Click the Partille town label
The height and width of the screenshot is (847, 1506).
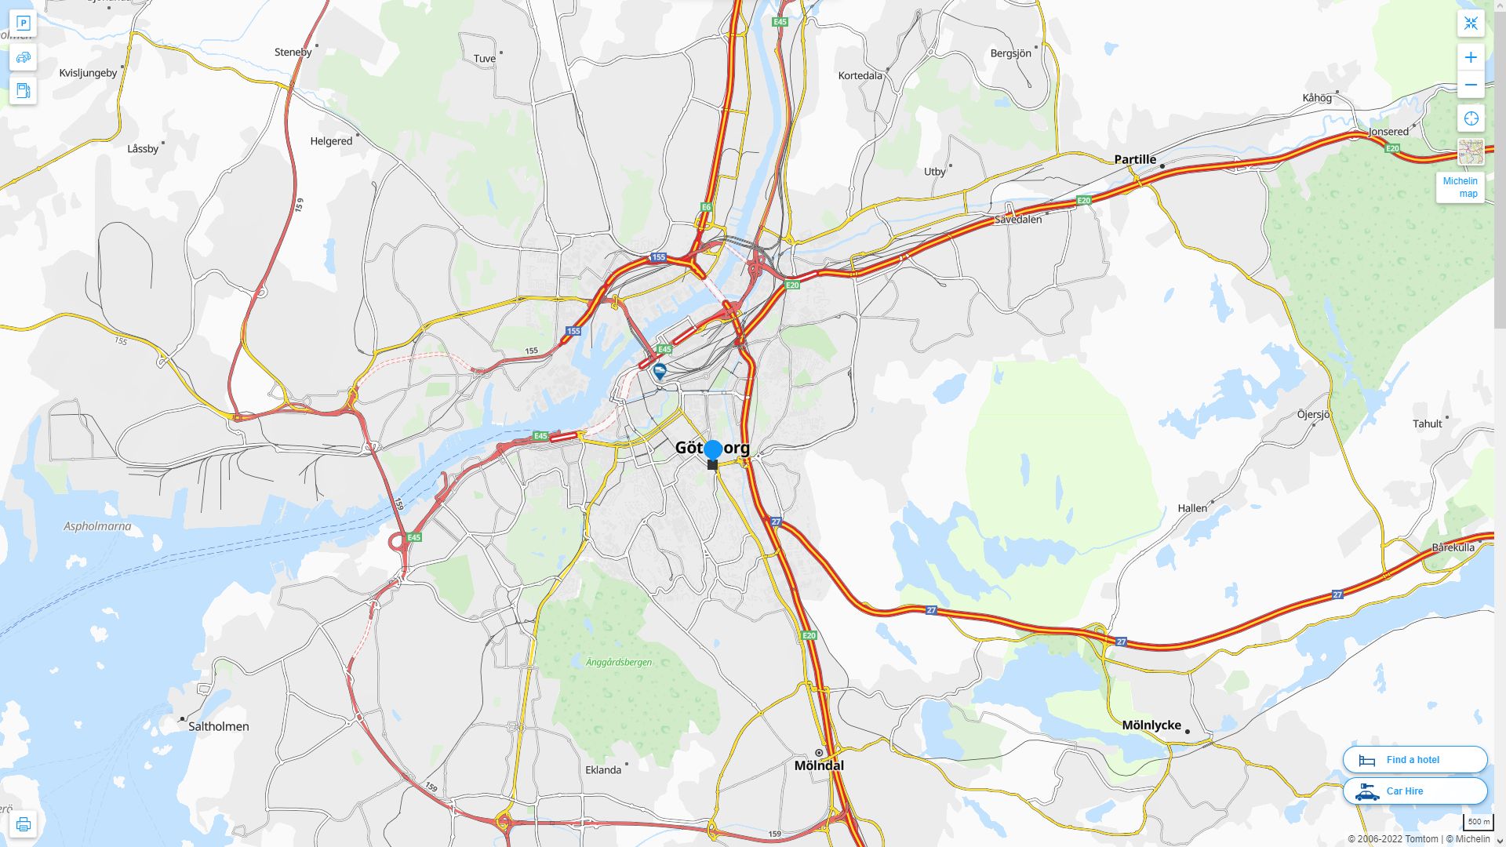1135,159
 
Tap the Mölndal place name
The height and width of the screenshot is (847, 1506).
819,765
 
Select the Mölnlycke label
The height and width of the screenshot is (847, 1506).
1151,725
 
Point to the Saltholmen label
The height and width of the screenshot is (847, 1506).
219,726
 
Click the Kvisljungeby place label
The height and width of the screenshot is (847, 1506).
88,73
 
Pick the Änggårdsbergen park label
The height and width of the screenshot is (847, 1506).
619,662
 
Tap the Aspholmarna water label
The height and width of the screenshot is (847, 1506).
97,526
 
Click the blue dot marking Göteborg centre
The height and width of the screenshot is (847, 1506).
713,449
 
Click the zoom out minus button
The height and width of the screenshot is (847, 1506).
1471,85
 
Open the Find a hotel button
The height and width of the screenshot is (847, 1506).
1414,759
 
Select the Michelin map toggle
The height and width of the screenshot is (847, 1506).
1461,187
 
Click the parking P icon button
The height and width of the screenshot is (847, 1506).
23,23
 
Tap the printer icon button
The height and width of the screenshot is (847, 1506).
23,823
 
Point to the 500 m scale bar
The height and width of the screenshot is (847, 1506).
1479,822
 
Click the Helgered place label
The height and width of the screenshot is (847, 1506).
331,141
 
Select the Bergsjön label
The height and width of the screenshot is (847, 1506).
1010,53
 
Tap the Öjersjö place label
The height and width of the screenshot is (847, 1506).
1313,414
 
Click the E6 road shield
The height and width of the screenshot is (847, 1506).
706,207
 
